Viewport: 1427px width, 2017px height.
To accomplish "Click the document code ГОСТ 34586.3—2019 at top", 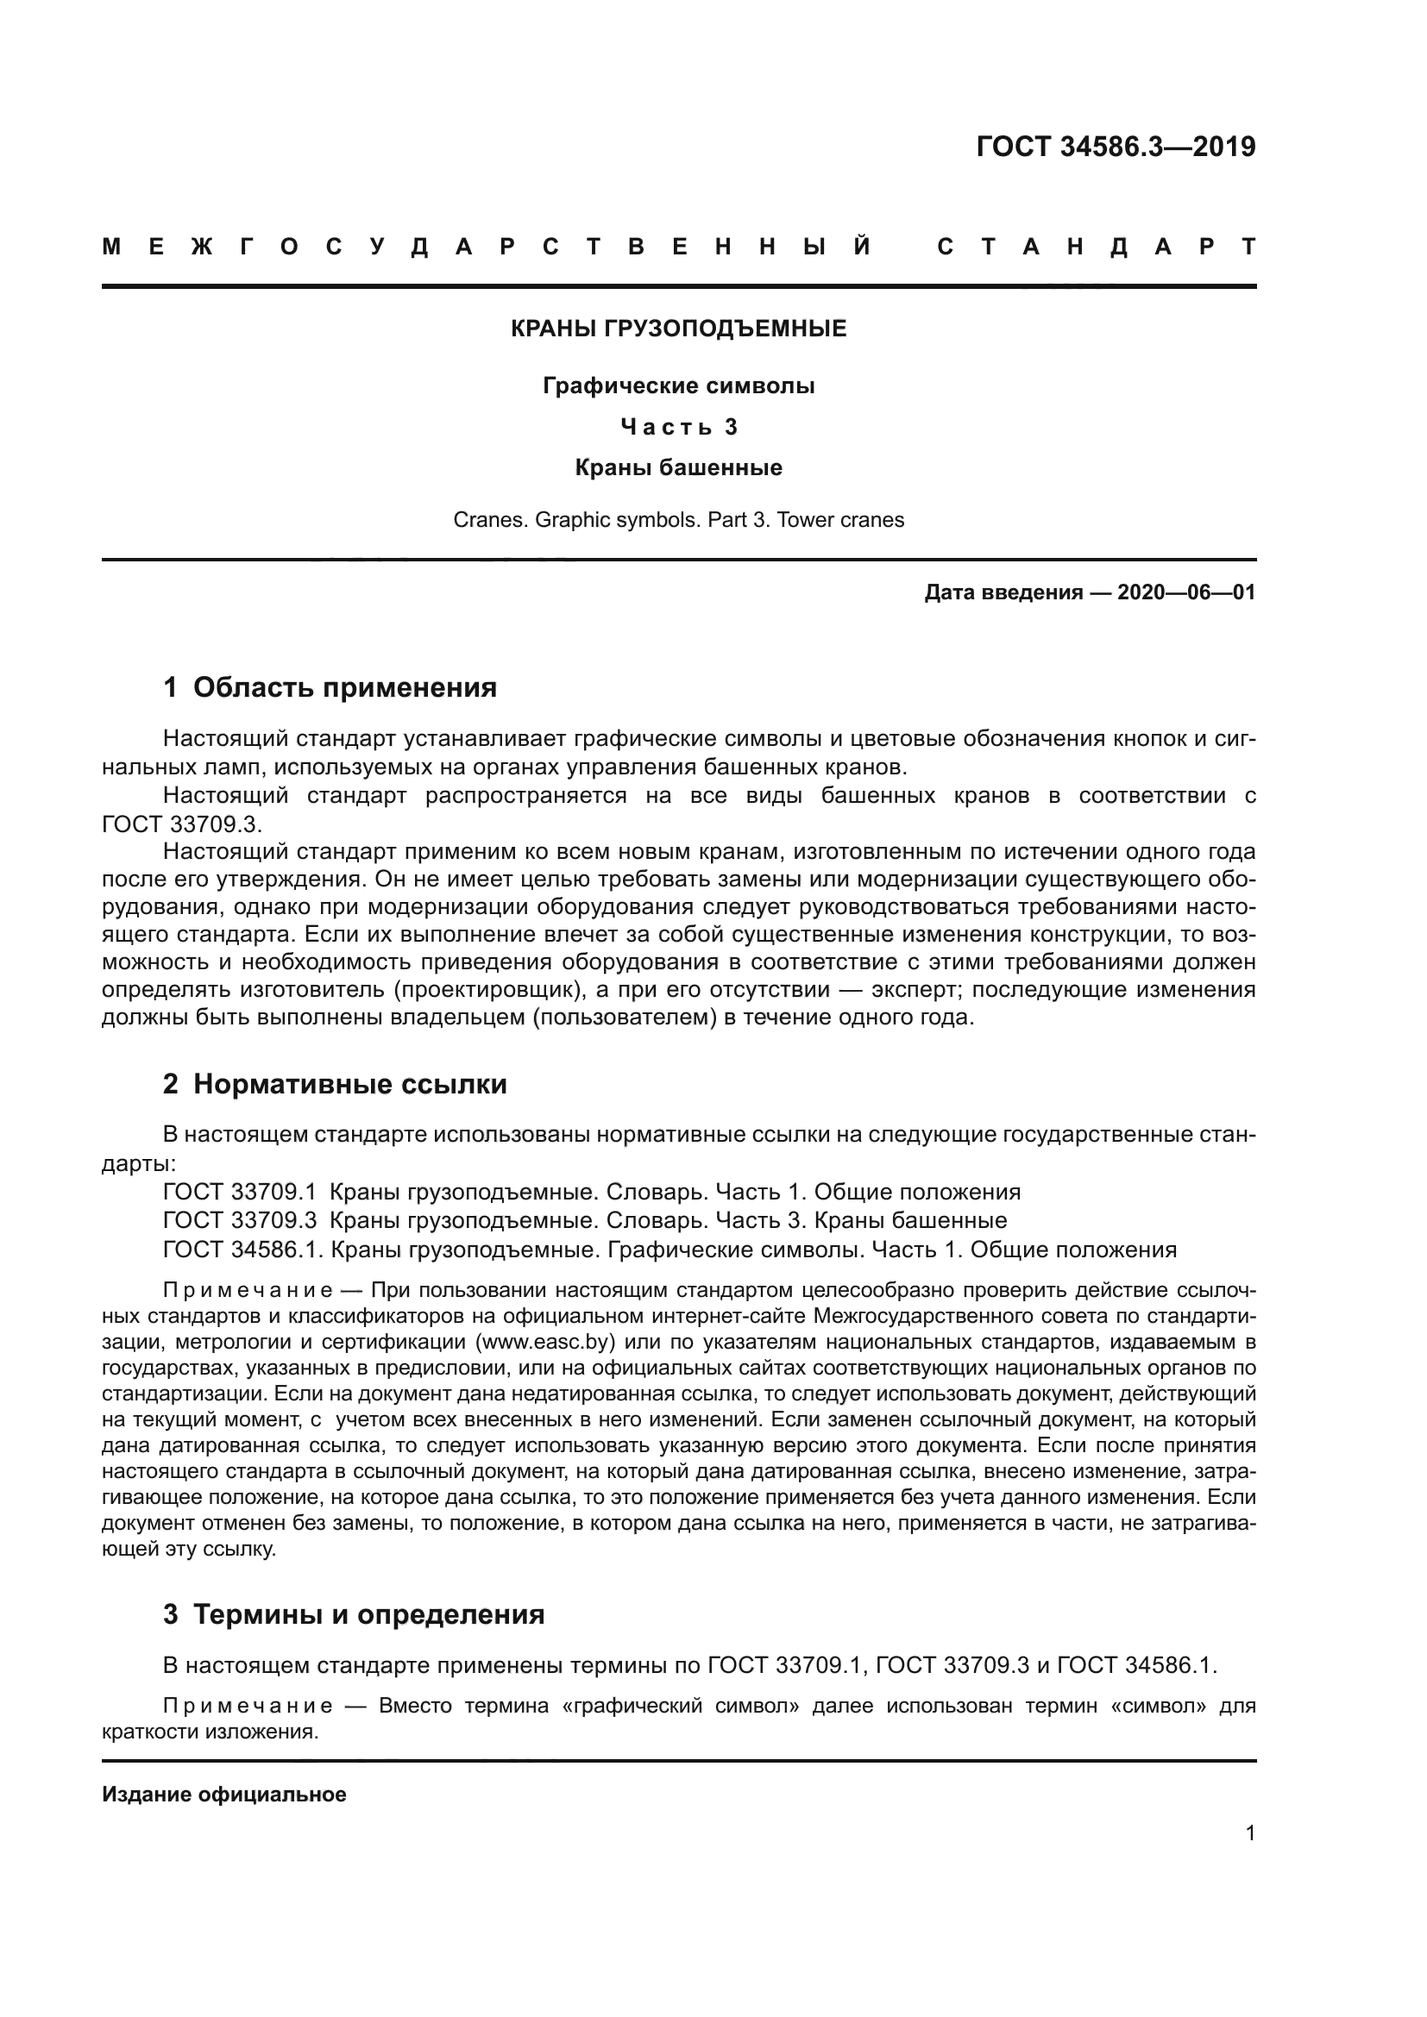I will [1115, 147].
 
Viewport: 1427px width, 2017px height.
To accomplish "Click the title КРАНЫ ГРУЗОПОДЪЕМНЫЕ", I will [678, 329].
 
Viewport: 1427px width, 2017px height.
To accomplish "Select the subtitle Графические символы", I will [678, 385].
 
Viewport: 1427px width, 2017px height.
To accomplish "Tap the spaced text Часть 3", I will [678, 427].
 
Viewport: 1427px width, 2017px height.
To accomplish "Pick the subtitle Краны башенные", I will [678, 467].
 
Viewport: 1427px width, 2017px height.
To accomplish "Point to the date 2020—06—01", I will [1185, 592].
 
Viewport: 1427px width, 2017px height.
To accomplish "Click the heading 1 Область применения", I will [330, 687].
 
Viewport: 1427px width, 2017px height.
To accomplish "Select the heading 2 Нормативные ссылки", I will [335, 1084].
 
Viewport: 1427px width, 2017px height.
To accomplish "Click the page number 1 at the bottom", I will [1249, 1833].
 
